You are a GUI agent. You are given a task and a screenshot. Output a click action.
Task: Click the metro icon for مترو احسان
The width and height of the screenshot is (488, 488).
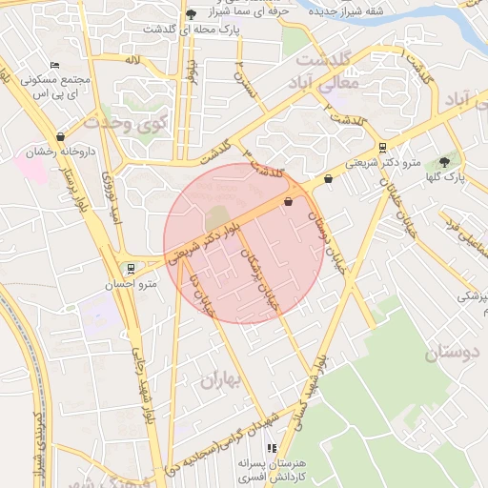(x=130, y=268)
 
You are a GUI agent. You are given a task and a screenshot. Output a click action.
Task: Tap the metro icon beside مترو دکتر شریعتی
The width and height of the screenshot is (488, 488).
(x=382, y=148)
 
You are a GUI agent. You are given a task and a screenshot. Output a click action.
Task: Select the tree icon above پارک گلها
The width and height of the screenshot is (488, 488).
(x=444, y=162)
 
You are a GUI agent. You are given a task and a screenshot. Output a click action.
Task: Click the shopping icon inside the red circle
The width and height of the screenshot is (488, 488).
(x=288, y=201)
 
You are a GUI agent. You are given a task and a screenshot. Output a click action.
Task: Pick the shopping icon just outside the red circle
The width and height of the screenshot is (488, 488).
(x=329, y=178)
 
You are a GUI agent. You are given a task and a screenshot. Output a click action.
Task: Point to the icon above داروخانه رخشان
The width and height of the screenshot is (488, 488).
(x=61, y=136)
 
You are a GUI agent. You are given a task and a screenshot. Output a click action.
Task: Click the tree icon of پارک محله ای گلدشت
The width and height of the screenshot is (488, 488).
(x=192, y=14)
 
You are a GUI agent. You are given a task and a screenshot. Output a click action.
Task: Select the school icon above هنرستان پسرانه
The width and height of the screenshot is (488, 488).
(x=271, y=447)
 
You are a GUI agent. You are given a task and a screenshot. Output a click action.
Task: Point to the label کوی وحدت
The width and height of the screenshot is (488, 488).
(x=125, y=122)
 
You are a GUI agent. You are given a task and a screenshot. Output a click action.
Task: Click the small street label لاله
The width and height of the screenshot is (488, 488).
(x=133, y=59)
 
